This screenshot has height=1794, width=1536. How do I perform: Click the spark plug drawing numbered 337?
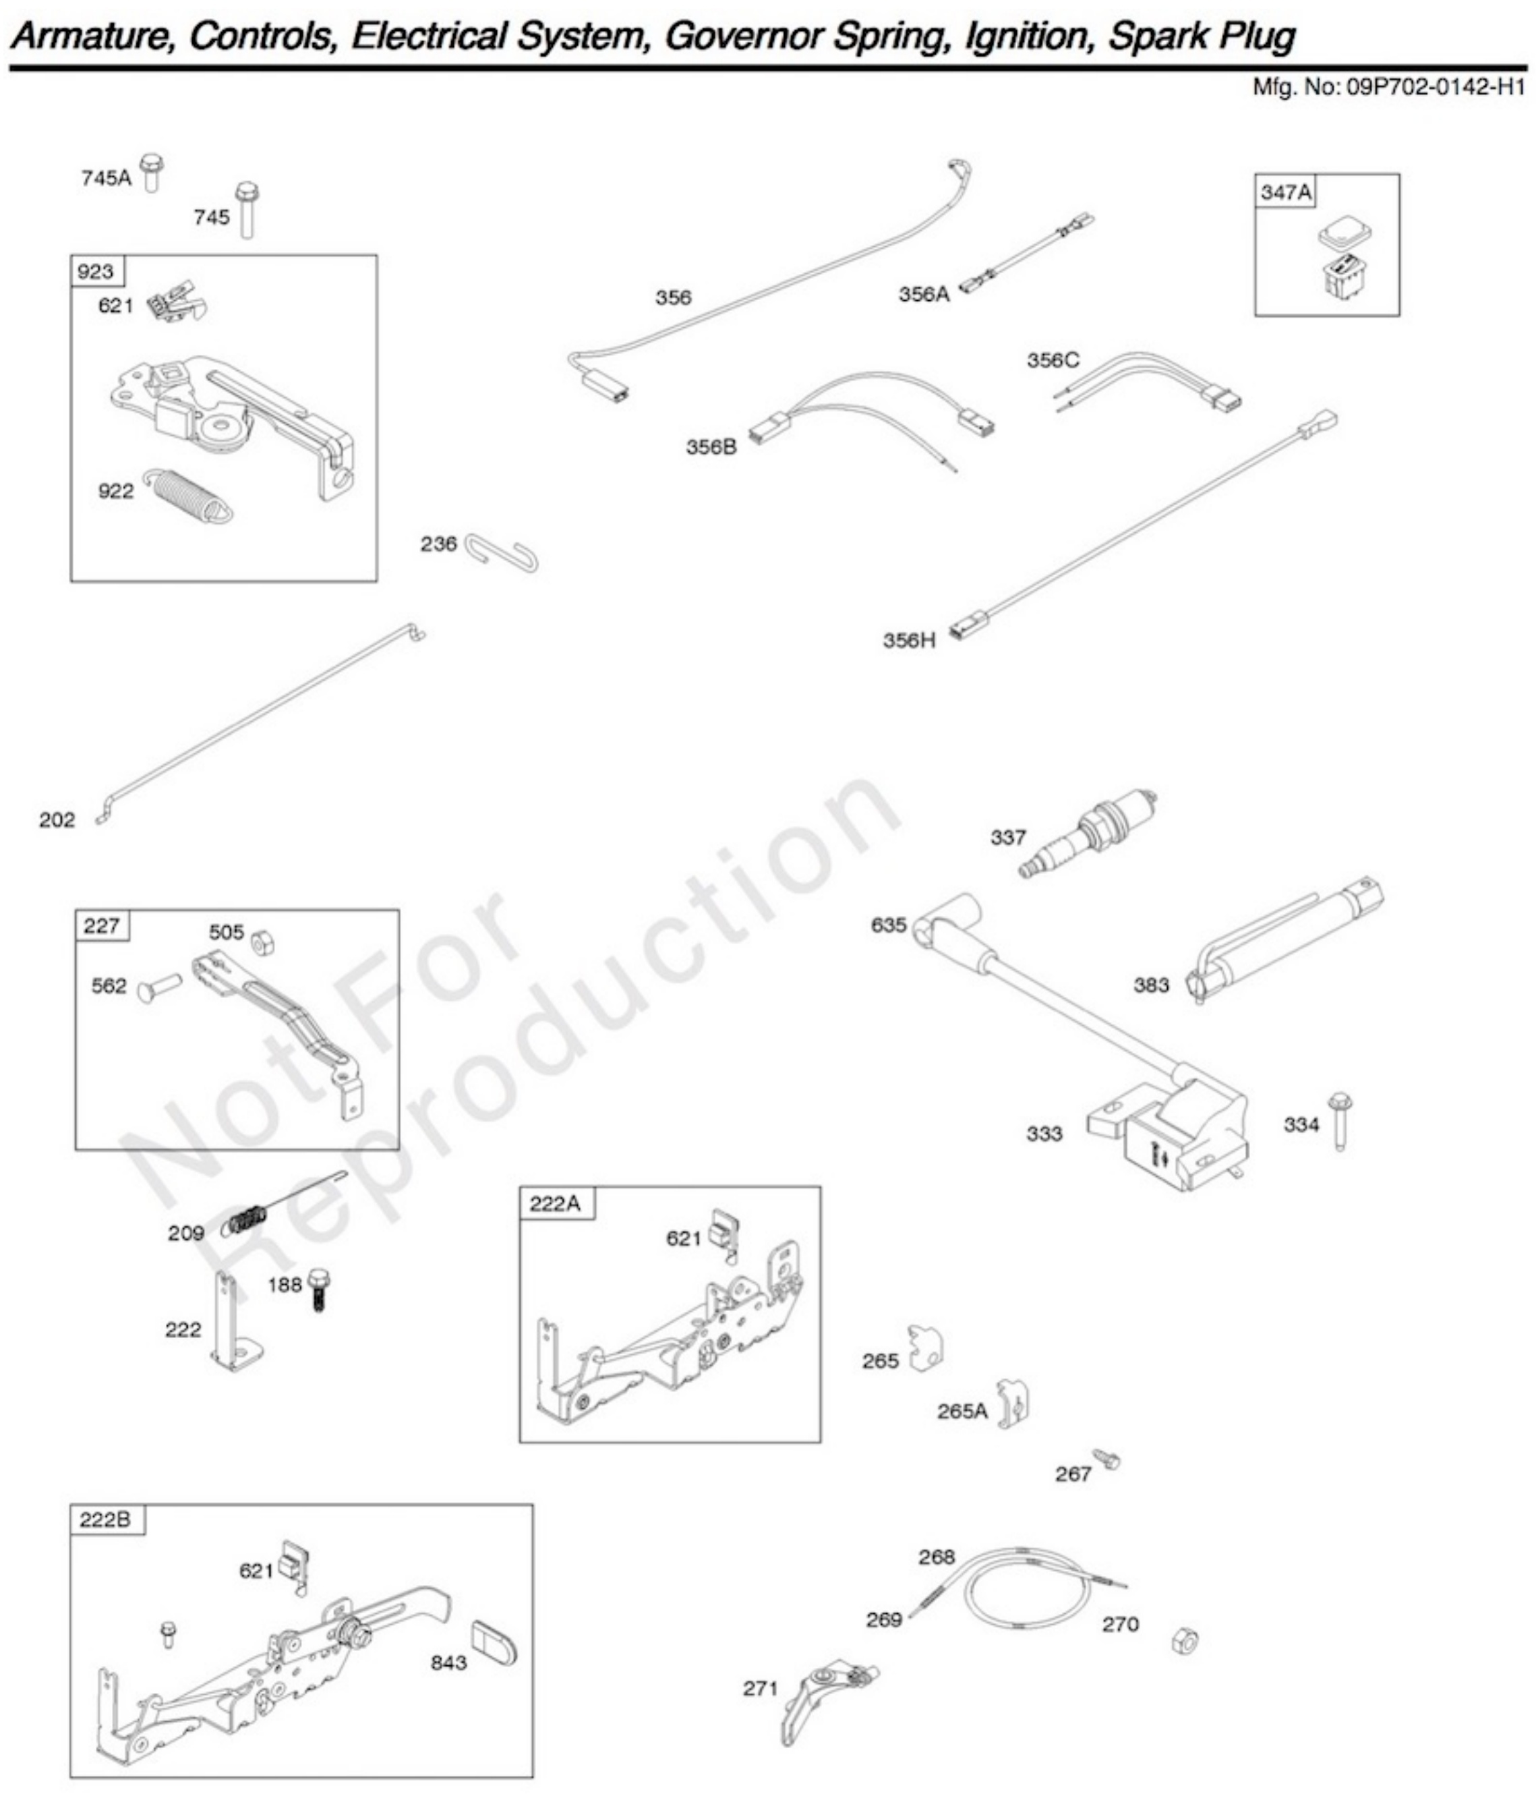pyautogui.click(x=1088, y=833)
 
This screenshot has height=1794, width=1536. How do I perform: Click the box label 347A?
pyautogui.click(x=1285, y=192)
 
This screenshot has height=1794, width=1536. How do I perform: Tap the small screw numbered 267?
pyautogui.click(x=1106, y=1459)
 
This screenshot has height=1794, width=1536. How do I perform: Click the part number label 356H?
pyautogui.click(x=908, y=641)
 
